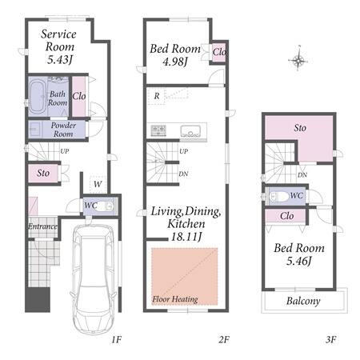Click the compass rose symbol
coord(298,60)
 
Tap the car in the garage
coord(94,278)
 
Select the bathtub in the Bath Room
coord(38,96)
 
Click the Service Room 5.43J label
coord(59,46)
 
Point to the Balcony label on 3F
coord(303,301)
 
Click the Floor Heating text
coord(175,299)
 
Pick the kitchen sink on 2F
coord(190,131)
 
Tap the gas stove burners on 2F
coord(158,130)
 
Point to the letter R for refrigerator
coord(157,96)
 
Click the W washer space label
coord(98,184)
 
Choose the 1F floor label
coord(117,339)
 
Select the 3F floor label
coord(330,339)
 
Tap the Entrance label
coord(42,226)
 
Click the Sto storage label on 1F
coord(43,173)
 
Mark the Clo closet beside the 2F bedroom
coord(219,52)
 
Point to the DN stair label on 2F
coord(183,174)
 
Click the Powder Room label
coord(63,130)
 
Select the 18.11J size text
coord(186,236)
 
